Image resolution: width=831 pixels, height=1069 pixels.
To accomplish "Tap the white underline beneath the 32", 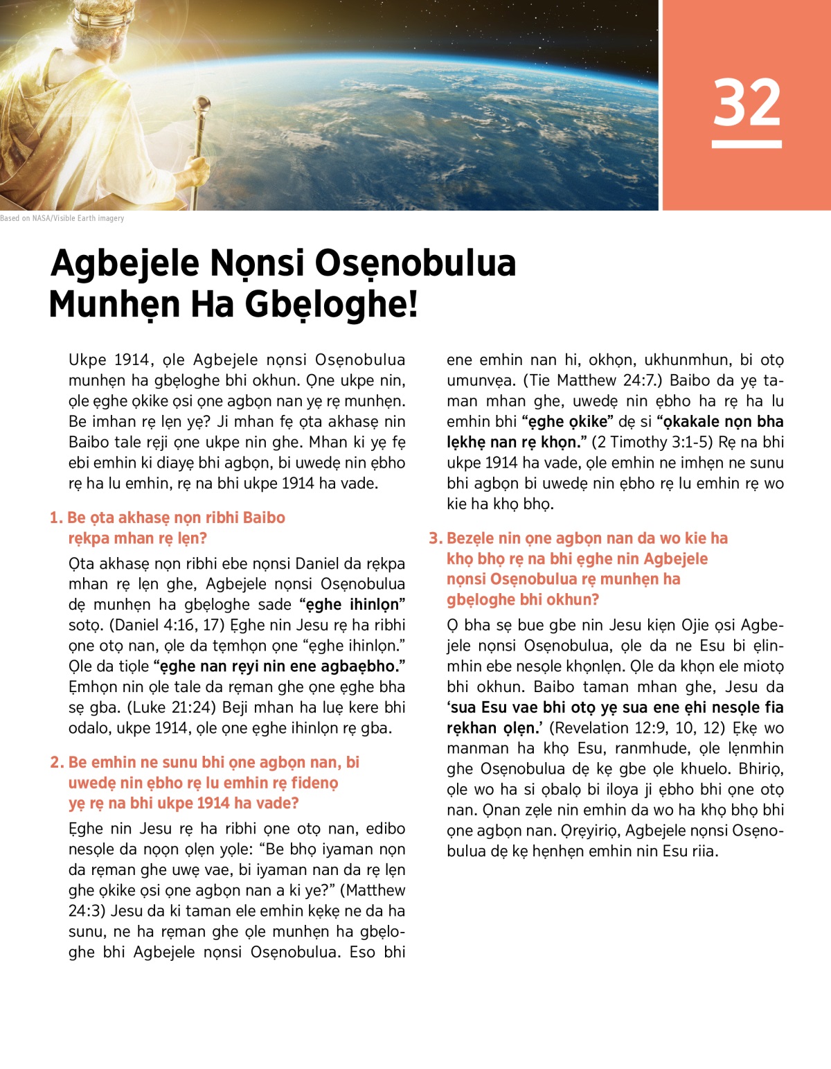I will [x=747, y=144].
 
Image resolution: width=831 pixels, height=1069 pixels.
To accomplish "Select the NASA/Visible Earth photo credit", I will [x=62, y=218].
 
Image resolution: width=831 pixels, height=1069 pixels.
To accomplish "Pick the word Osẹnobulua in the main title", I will [x=415, y=263].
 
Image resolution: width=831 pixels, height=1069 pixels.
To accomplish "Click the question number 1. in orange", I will [x=57, y=518].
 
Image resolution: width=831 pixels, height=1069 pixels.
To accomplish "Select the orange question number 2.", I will [x=57, y=762].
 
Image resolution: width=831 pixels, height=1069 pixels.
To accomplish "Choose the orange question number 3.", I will [x=435, y=538].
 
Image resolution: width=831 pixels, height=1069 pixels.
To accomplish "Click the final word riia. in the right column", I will [x=704, y=851].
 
